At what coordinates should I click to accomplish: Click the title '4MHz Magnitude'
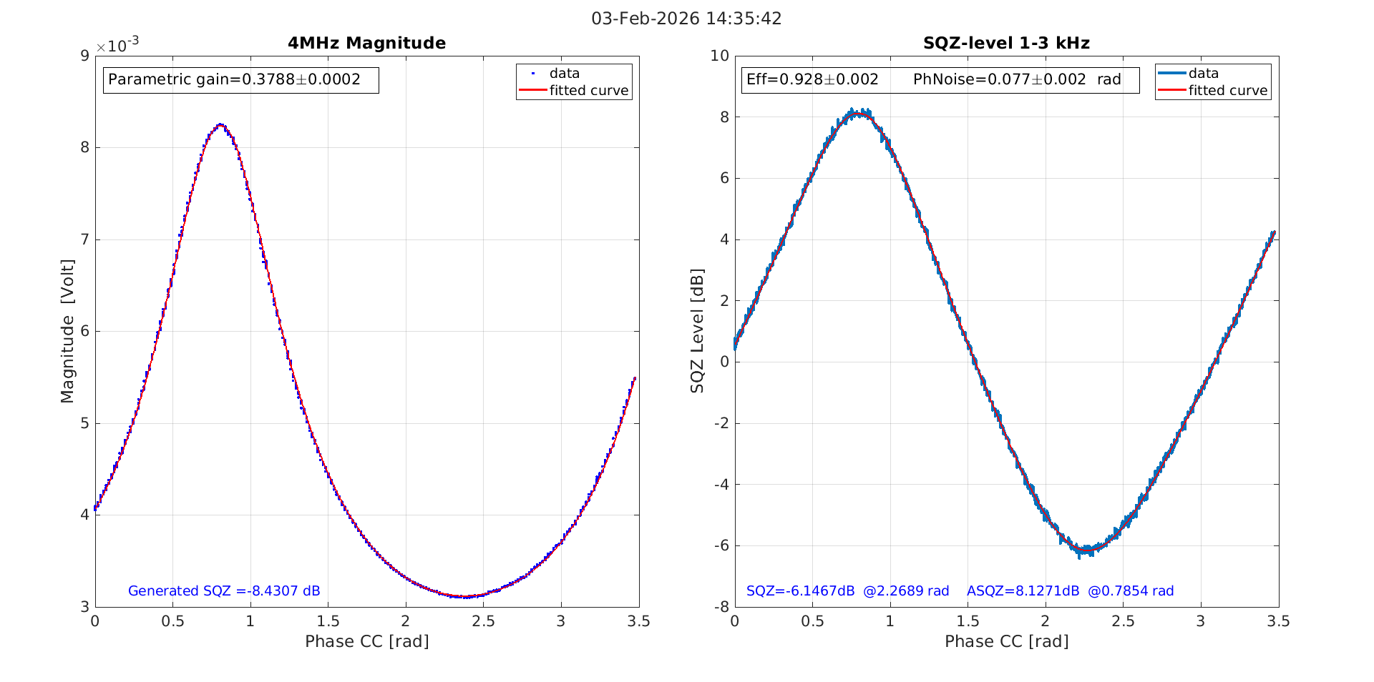[366, 44]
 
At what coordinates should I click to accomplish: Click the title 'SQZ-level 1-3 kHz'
[1006, 44]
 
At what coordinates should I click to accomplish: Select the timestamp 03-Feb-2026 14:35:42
[686, 19]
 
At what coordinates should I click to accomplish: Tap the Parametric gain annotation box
[240, 80]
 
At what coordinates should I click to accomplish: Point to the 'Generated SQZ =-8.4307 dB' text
[224, 591]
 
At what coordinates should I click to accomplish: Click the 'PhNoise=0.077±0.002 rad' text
[1017, 80]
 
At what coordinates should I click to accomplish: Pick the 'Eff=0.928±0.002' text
[812, 80]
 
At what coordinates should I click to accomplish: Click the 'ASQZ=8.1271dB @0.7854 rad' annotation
[1070, 591]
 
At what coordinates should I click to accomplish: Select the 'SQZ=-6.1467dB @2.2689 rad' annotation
[847, 591]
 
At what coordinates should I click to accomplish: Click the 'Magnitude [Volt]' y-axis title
[67, 331]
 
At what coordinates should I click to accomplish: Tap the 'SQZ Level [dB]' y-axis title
[697, 331]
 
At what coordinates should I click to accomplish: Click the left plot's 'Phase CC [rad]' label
[366, 641]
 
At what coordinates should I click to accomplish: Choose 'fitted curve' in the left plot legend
[588, 91]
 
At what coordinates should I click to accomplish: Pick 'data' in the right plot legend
[1203, 74]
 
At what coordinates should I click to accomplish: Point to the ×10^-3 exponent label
[117, 46]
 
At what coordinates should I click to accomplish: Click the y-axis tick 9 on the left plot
[84, 56]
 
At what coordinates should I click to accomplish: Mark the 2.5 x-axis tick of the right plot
[1123, 622]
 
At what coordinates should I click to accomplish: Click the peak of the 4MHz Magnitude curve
[220, 125]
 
